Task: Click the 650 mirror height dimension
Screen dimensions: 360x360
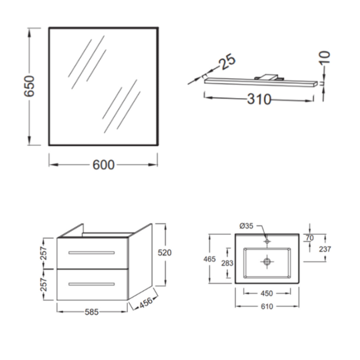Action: click(x=30, y=86)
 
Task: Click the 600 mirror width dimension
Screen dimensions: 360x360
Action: click(x=103, y=165)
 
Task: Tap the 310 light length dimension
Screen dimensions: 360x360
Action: click(x=259, y=99)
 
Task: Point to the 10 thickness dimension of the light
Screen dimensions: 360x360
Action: click(x=325, y=57)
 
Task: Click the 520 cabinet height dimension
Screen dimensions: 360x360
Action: click(x=165, y=253)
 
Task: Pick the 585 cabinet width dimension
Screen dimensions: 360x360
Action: click(x=91, y=312)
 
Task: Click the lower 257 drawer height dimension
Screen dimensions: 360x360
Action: click(x=44, y=284)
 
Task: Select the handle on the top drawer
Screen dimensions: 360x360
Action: click(x=91, y=253)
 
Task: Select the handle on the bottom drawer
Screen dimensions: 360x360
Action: click(x=91, y=284)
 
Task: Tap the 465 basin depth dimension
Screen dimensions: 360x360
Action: click(x=209, y=259)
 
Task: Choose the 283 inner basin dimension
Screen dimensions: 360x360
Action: click(x=227, y=263)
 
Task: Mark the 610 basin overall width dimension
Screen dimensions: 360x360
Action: click(x=267, y=306)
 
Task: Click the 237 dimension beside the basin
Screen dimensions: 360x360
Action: click(x=325, y=249)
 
